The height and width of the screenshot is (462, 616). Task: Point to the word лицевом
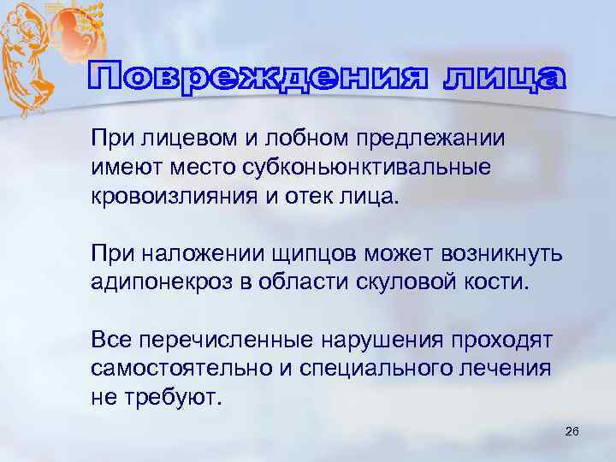(187, 139)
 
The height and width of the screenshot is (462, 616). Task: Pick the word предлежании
(438, 139)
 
